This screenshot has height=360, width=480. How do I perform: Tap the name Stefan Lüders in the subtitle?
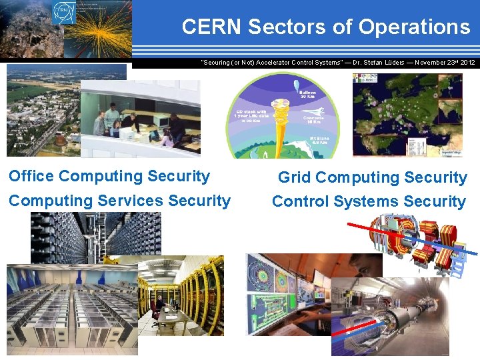tap(384, 62)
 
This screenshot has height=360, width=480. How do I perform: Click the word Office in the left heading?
tap(31, 176)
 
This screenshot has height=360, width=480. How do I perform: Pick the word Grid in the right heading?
tap(294, 177)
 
